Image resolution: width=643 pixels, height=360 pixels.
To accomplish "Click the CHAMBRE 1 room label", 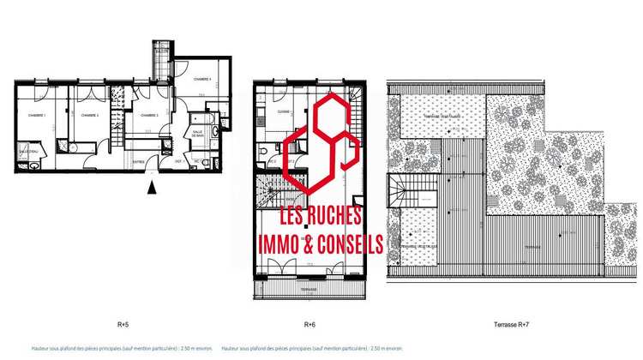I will pos(36,115).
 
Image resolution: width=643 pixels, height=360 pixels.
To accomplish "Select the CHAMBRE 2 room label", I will pos(89,115).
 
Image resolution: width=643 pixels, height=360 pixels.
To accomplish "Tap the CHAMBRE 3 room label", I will pos(149,115).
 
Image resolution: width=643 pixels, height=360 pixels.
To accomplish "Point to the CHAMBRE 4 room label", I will pos(201,79).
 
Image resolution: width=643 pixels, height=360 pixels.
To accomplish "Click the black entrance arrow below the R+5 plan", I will pos(153,183).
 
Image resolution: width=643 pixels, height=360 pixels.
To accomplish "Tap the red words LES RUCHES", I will pos(321,218).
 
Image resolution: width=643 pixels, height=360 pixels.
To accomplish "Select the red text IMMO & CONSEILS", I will pos(321,244).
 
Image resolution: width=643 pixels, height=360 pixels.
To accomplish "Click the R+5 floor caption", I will pos(123,325).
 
